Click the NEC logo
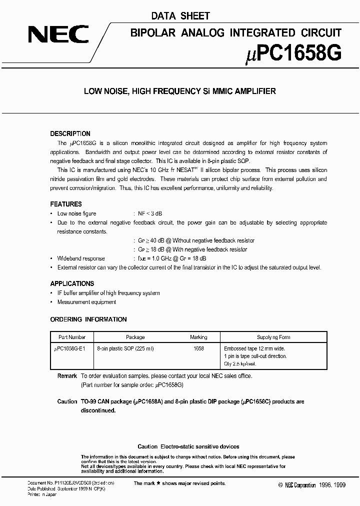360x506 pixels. (x=58, y=34)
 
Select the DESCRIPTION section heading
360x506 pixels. (x=70, y=134)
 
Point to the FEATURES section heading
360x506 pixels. (x=66, y=204)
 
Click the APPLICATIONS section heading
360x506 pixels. (x=72, y=283)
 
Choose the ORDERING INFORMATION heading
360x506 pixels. (x=88, y=319)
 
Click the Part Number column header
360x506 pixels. (x=72, y=337)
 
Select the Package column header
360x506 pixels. (x=135, y=337)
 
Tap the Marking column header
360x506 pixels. (x=198, y=337)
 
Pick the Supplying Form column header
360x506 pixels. (x=273, y=337)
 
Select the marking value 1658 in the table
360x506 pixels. (x=198, y=348)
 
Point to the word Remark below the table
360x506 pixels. (x=67, y=376)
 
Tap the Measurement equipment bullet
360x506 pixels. (x=86, y=302)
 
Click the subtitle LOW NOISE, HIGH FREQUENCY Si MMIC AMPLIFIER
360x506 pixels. (x=179, y=91)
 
